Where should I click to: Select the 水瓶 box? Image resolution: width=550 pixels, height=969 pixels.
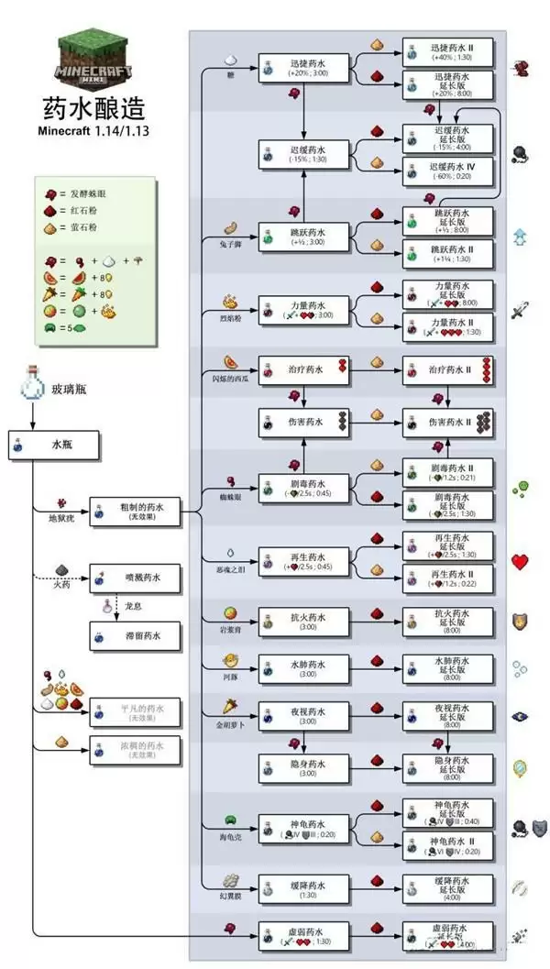(x=64, y=447)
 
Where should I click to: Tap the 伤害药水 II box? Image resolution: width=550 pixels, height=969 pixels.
(x=449, y=423)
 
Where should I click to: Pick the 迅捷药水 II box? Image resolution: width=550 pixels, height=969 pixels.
(x=449, y=49)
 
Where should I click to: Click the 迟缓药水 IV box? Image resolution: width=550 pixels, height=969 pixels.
(x=449, y=171)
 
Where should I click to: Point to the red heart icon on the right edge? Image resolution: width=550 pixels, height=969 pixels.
(x=521, y=561)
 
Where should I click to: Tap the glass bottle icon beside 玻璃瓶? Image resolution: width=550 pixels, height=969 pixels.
(x=32, y=388)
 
